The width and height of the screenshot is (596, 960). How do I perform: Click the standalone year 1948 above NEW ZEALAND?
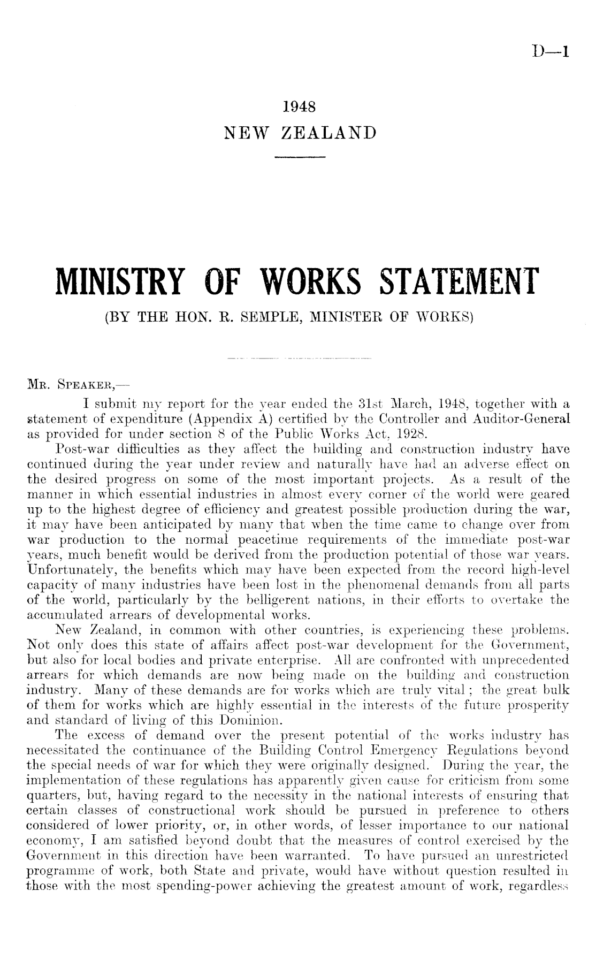coord(299,106)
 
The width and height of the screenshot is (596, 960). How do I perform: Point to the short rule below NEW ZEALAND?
coord(299,157)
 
